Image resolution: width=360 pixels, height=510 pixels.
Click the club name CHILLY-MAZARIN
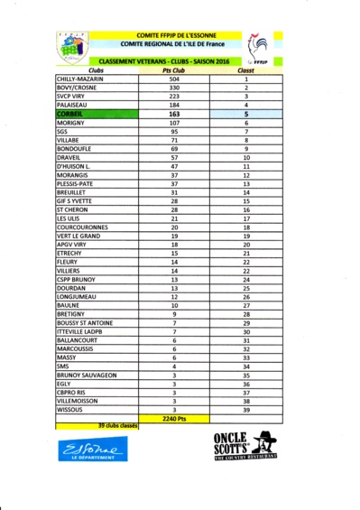point(80,79)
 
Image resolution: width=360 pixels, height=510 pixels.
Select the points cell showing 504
point(174,79)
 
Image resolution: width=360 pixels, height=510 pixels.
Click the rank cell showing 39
point(245,409)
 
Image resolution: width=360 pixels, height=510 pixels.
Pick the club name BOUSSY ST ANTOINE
point(86,322)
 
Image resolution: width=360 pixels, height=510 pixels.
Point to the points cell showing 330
point(174,88)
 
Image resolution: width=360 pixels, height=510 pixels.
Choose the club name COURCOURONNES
point(82,227)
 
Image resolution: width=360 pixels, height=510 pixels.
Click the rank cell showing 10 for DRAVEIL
point(245,157)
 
